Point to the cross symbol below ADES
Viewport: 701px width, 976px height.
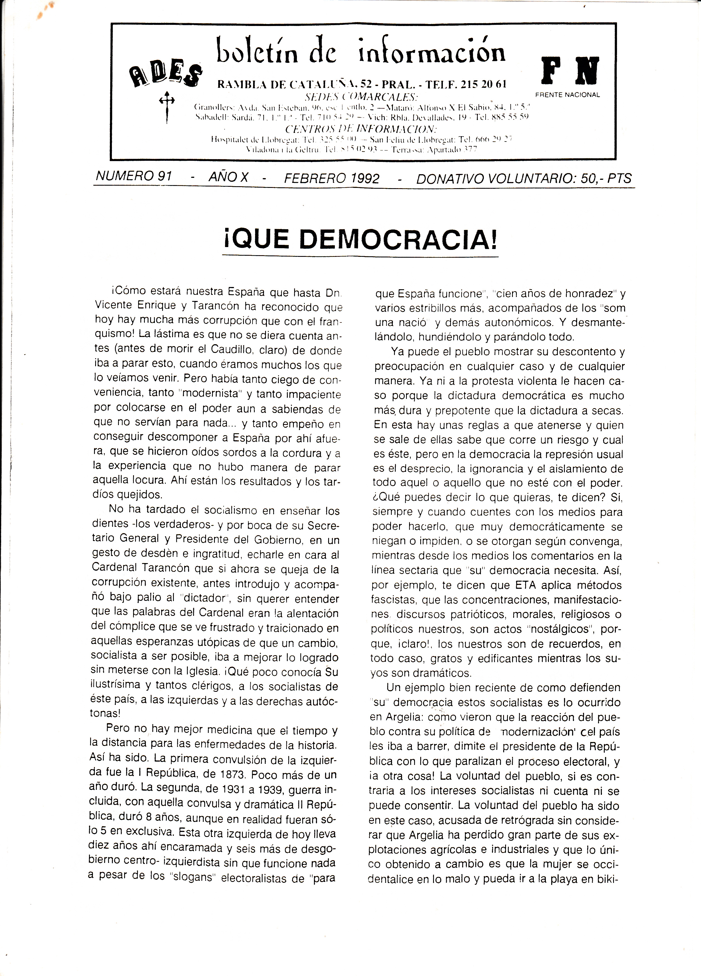pyautogui.click(x=167, y=107)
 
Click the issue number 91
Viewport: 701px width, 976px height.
pyautogui.click(x=164, y=176)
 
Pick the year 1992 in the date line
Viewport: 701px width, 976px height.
pyautogui.click(x=365, y=178)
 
